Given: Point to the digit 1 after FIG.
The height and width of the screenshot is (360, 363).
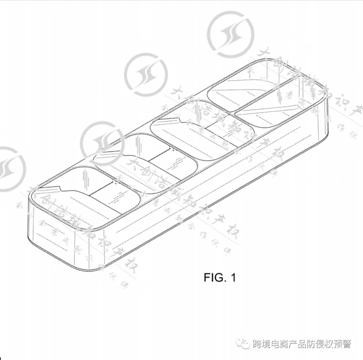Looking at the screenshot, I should click(x=233, y=278).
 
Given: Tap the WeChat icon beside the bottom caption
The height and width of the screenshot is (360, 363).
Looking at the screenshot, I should click(x=243, y=344).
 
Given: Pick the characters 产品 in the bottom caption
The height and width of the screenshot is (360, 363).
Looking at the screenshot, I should click(x=301, y=344).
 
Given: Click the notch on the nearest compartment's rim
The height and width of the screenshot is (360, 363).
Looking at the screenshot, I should click(x=59, y=188).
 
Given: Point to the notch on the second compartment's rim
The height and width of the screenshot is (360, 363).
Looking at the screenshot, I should click(x=123, y=155).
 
